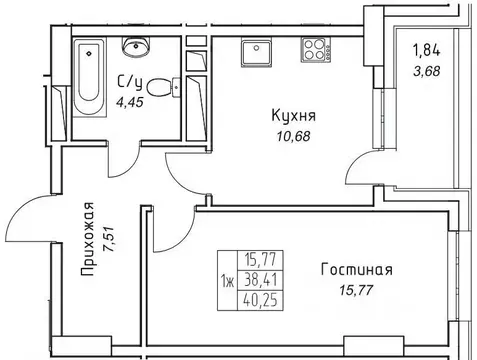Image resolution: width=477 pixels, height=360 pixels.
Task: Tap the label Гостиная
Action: coord(357,269)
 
